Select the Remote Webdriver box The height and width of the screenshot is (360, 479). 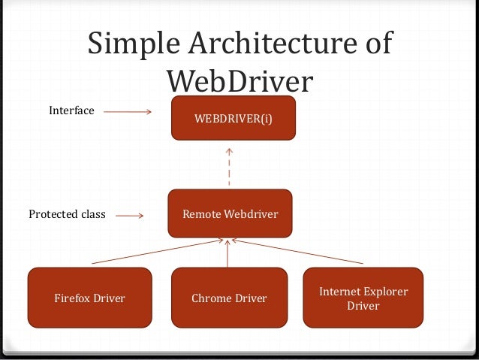click(x=230, y=214)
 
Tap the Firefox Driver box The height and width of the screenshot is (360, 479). click(x=89, y=298)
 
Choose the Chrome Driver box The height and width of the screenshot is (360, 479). click(x=229, y=298)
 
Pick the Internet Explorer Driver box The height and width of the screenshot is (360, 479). click(x=363, y=298)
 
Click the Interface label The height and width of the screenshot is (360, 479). click(x=71, y=110)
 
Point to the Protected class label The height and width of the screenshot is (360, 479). click(x=67, y=214)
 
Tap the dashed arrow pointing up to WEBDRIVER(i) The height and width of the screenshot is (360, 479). click(x=229, y=167)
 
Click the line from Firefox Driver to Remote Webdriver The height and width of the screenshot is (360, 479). click(x=158, y=252)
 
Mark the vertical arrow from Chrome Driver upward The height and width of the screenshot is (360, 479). click(x=227, y=253)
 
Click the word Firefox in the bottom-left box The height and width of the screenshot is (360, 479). click(x=73, y=298)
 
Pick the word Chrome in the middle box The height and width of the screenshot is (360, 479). click(x=211, y=298)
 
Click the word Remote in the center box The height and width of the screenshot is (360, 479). click(x=201, y=214)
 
